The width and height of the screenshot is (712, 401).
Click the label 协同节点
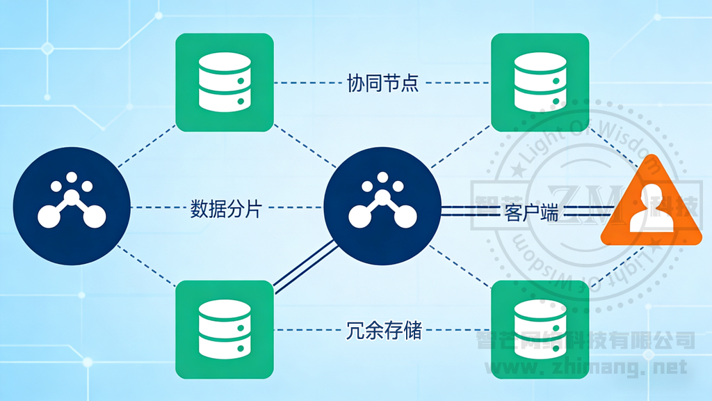tap(382, 84)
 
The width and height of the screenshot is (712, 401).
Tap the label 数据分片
tap(226, 208)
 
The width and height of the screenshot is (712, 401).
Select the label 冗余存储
tap(383, 329)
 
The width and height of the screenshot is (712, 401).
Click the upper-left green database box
tap(225, 82)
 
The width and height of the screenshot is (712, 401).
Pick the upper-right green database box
tap(540, 82)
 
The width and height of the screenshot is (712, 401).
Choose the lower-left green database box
tap(225, 329)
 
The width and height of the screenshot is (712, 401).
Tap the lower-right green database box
tap(540, 329)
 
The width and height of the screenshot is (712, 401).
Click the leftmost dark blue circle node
tap(72, 207)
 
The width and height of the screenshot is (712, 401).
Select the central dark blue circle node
tap(382, 207)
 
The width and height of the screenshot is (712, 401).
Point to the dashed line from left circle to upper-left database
tap(146, 147)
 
